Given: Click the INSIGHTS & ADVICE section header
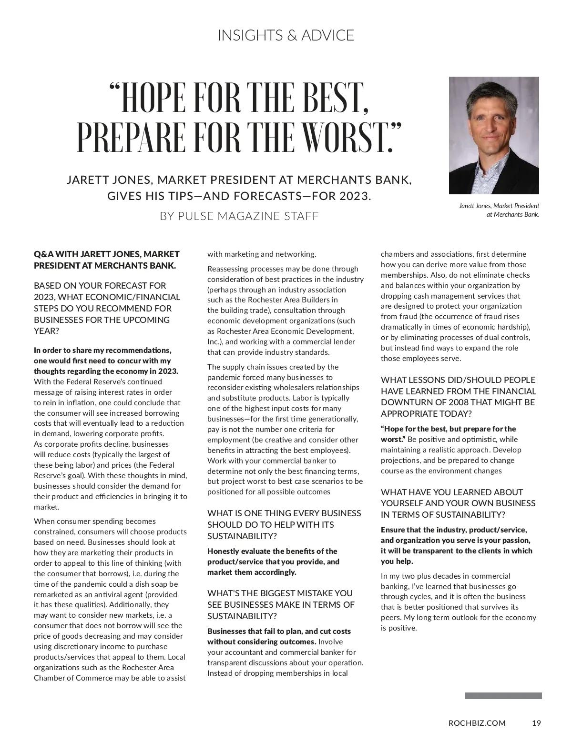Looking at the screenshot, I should pyautogui.click(x=286, y=35).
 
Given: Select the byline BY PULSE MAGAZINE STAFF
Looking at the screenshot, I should pyautogui.click(x=239, y=216).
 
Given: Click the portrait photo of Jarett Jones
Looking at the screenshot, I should pyautogui.click(x=494, y=135).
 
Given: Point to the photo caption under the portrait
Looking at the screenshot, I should pyautogui.click(x=499, y=210).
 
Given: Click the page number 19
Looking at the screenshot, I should pyautogui.click(x=536, y=723).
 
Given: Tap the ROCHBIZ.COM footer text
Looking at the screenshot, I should pyautogui.click(x=477, y=723).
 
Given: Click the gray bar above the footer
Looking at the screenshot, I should pyautogui.click(x=503, y=696).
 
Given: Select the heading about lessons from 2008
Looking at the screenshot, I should pyautogui.click(x=458, y=397).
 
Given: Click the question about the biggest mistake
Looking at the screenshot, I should pyautogui.click(x=281, y=604).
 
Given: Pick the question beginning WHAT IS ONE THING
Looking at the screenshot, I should pyautogui.click(x=284, y=524).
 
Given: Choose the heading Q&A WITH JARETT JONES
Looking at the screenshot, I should pyautogui.click(x=106, y=260).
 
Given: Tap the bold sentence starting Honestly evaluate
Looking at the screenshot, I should pyautogui.click(x=273, y=562).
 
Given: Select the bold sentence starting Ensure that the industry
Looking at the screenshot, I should pyautogui.click(x=456, y=545).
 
